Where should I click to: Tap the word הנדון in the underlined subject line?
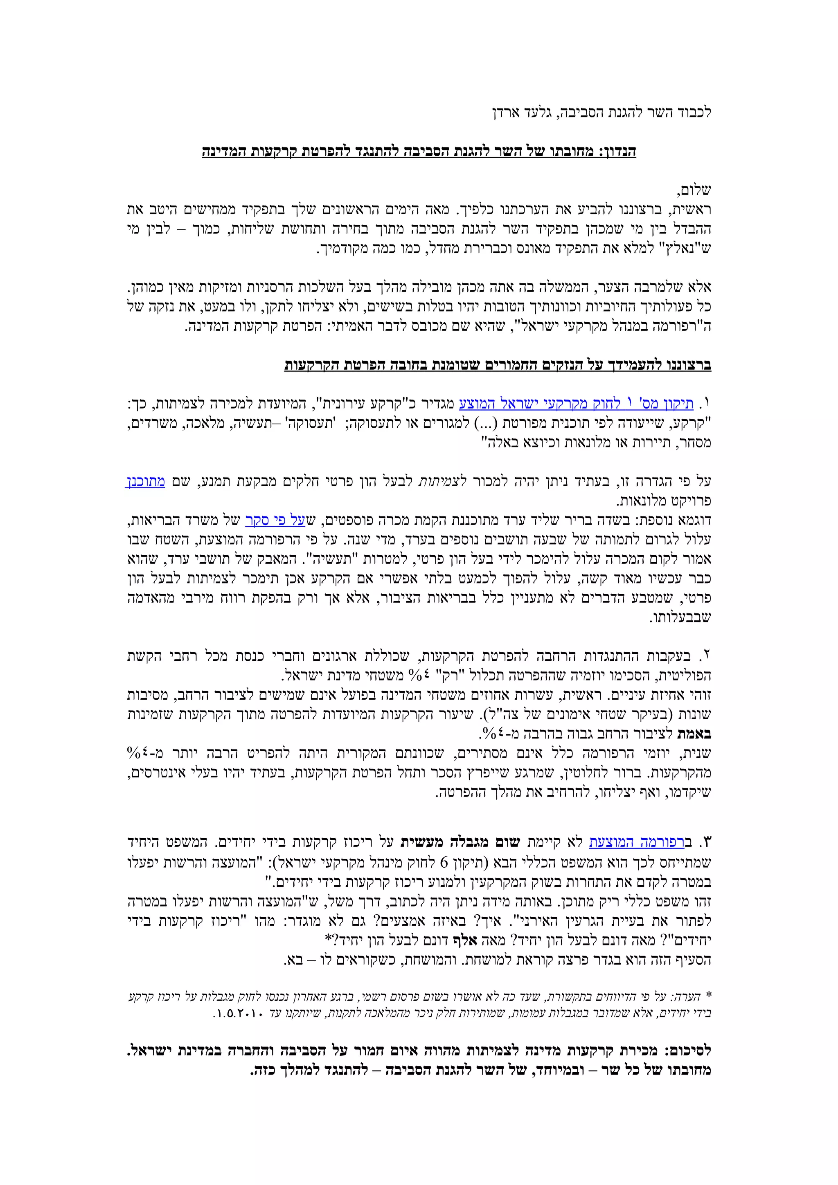pyautogui.click(x=617, y=152)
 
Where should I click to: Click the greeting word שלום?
pyautogui.click(x=694, y=191)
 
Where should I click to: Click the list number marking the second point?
pyautogui.click(x=706, y=657)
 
